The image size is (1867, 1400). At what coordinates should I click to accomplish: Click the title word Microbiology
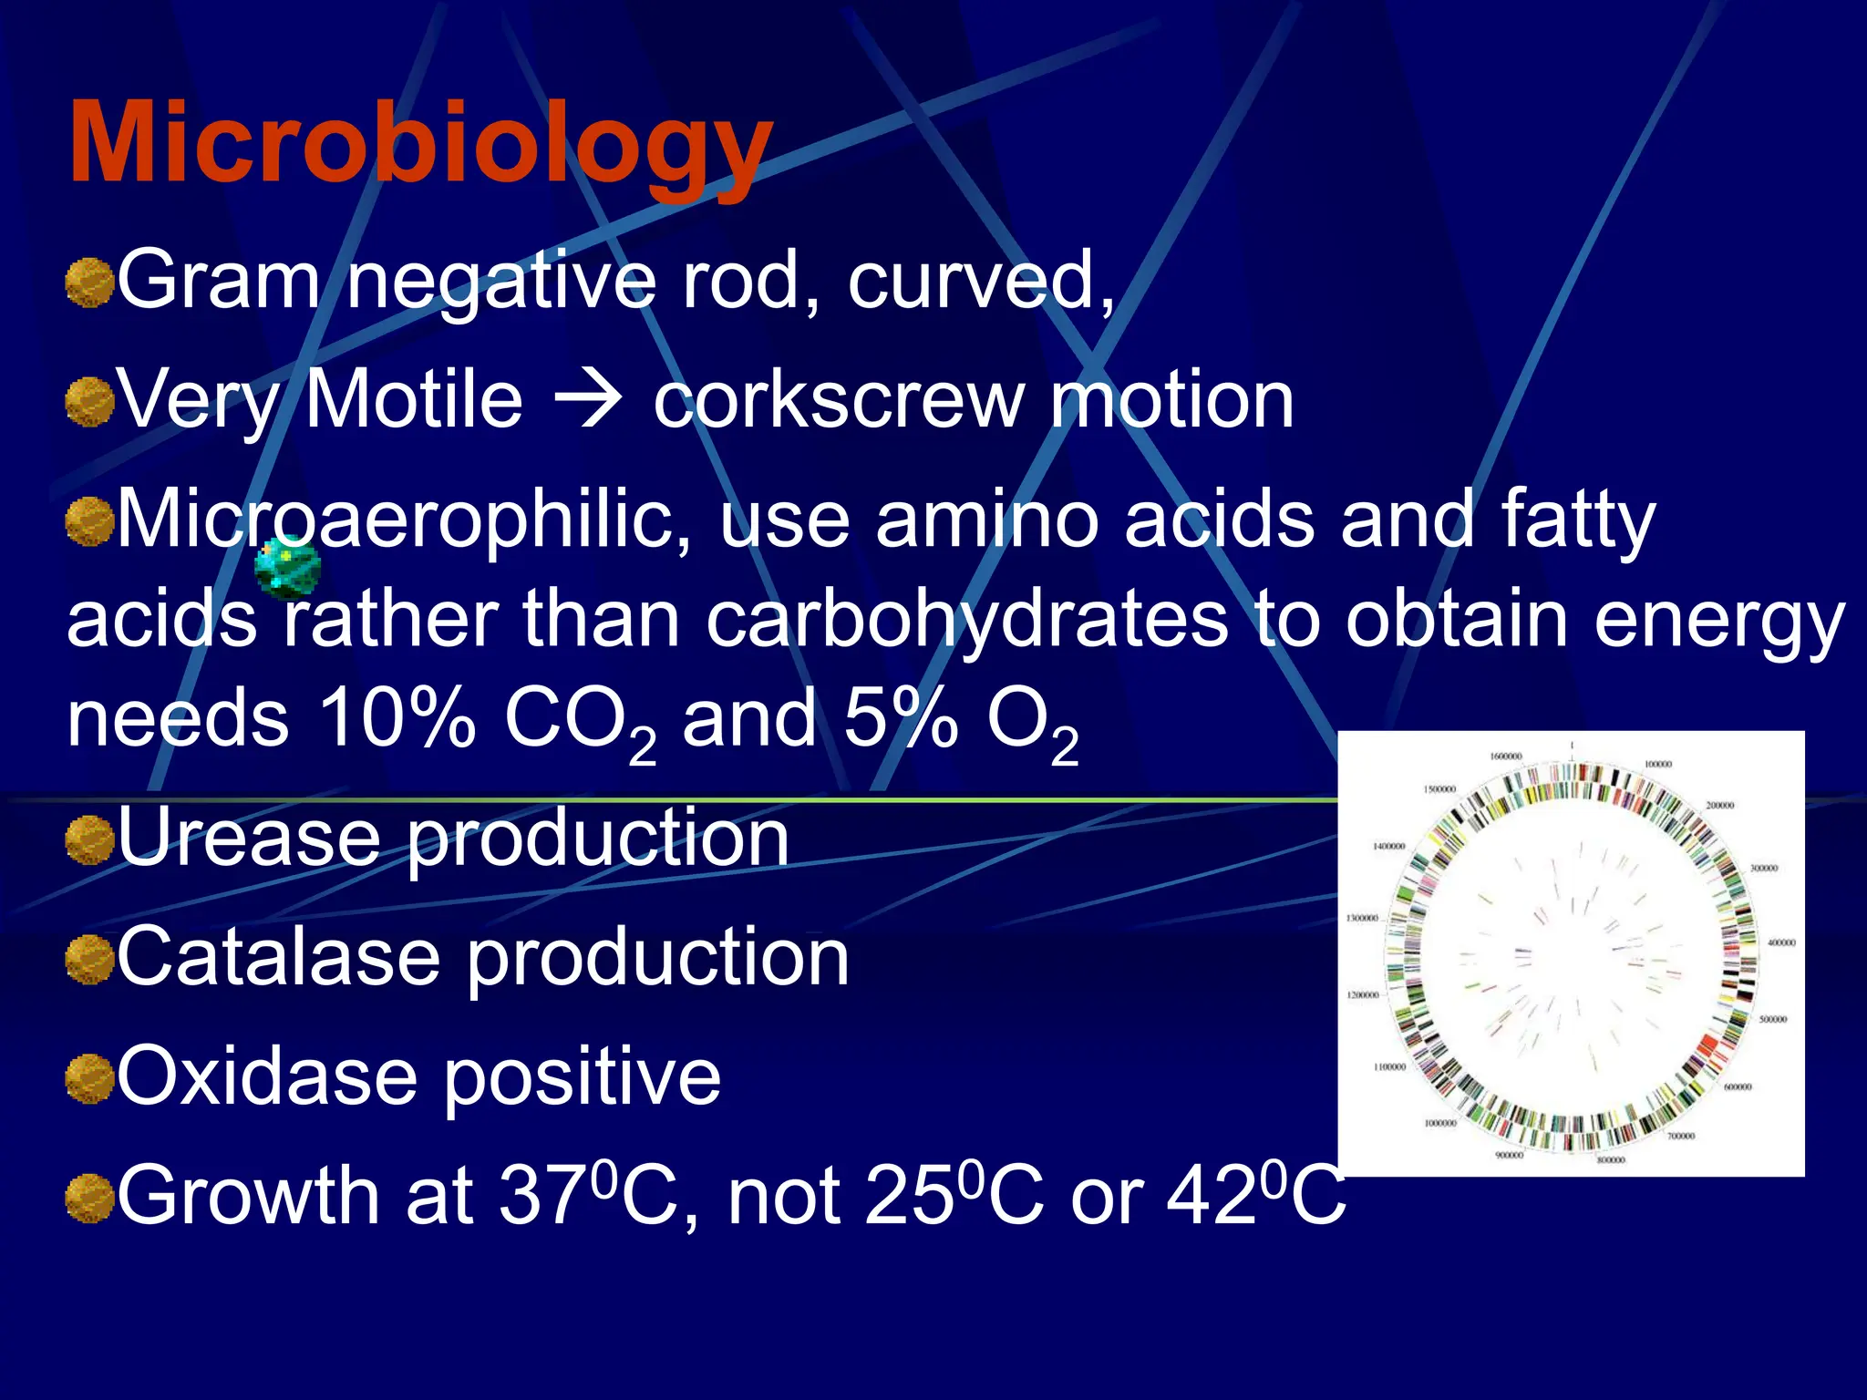[x=420, y=143]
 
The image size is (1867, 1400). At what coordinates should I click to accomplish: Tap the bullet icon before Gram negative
[x=89, y=282]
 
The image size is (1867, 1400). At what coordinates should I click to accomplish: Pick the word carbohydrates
[x=966, y=620]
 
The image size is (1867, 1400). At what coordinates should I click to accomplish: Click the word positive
[x=583, y=1076]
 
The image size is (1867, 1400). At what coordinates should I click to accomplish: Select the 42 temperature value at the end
[x=1212, y=1196]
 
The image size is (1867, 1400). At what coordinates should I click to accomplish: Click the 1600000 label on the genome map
[x=1505, y=757]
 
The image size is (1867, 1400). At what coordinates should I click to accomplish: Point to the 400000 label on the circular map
[x=1780, y=942]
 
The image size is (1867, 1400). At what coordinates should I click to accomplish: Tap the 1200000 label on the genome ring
[x=1363, y=994]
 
